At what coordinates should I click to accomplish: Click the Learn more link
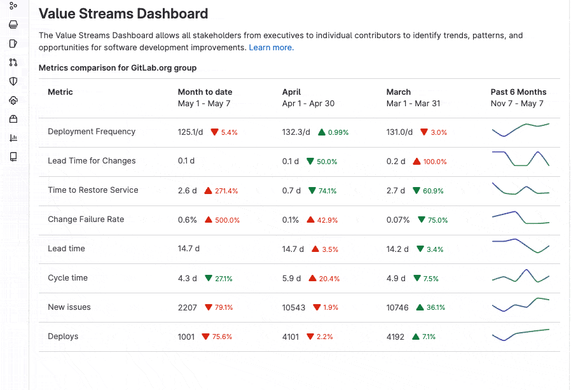click(x=270, y=48)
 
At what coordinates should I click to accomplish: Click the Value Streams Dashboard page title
click(x=123, y=13)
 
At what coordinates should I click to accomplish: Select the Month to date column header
click(x=205, y=92)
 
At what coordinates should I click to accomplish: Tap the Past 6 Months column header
click(x=518, y=92)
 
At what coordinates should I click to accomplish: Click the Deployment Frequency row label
click(x=92, y=132)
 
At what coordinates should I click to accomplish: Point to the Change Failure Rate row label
click(x=86, y=219)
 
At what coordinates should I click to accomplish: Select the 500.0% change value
click(x=227, y=220)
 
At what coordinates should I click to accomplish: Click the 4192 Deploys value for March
click(x=396, y=337)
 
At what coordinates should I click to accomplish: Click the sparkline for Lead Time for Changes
click(x=520, y=158)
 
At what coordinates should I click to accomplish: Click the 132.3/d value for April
click(x=296, y=132)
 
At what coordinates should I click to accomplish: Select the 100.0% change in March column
click(x=435, y=162)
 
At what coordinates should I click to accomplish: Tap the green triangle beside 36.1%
click(x=420, y=307)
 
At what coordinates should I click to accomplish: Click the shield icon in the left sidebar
click(x=13, y=81)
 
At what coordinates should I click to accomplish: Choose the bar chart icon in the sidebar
click(x=13, y=138)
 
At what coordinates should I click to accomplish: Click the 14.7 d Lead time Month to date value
click(x=188, y=249)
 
